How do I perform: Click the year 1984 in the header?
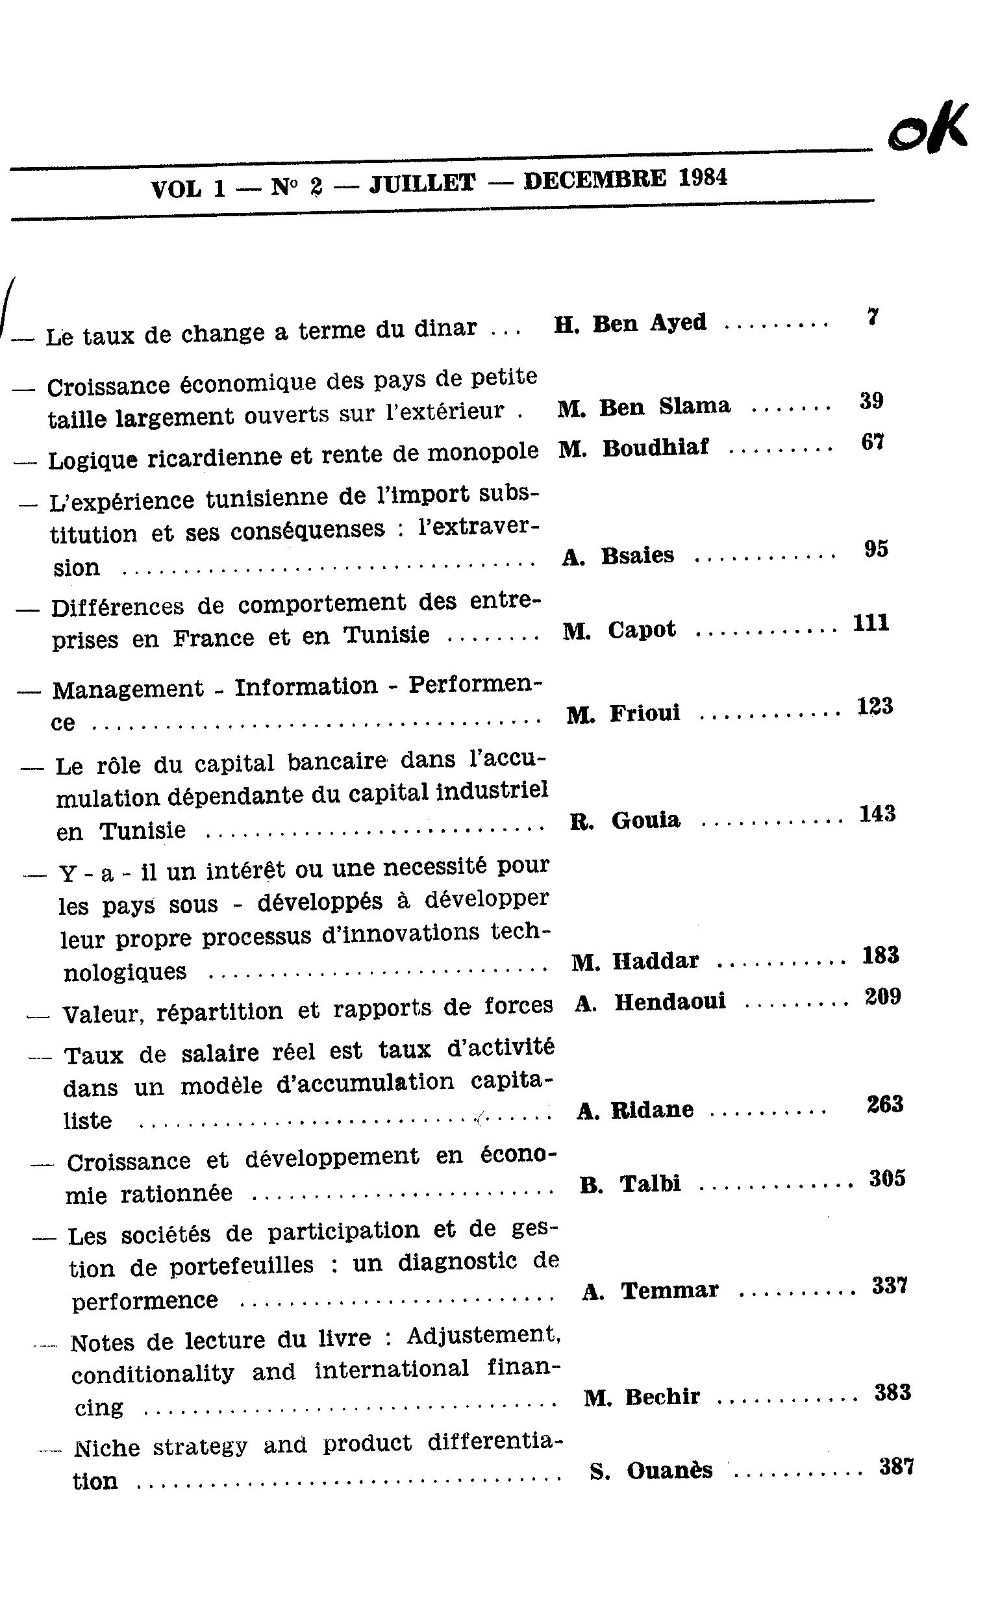point(702,179)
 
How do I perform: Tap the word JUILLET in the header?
point(422,184)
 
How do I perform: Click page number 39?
point(871,400)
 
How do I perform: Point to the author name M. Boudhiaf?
point(634,449)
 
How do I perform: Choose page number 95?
point(876,549)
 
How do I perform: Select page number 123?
point(875,706)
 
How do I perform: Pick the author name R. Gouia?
point(625,821)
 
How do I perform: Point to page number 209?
point(882,997)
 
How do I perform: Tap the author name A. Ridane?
point(635,1110)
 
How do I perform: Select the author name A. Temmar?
point(650,1291)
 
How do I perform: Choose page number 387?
point(896,1467)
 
